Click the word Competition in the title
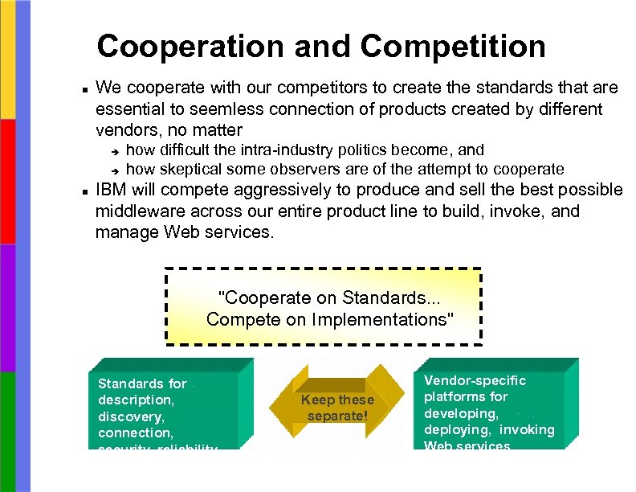[453, 47]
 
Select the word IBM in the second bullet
[112, 191]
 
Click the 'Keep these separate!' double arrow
[337, 408]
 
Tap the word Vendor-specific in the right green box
[475, 380]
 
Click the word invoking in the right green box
[528, 429]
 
